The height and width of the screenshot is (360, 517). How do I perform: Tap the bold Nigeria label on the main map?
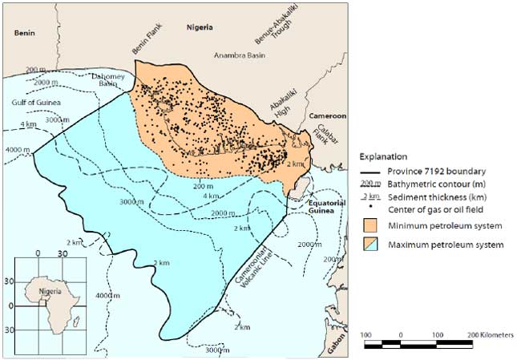point(199,26)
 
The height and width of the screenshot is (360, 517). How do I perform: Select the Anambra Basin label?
point(240,55)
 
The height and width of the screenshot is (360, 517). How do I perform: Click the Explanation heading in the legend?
point(383,156)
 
